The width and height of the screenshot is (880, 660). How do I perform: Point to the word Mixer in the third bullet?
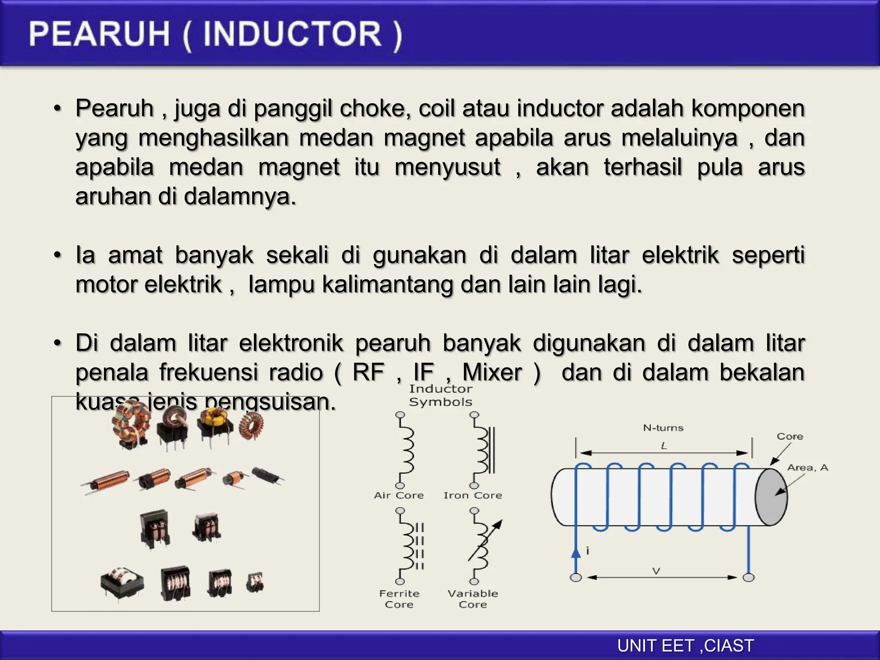coord(492,372)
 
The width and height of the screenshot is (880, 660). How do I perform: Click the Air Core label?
coord(399,495)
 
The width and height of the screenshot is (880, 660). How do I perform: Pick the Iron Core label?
coord(473,495)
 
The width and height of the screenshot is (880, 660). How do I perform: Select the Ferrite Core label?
coord(399,599)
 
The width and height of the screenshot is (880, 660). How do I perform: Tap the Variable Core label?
coord(473,599)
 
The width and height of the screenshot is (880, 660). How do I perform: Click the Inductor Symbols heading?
coord(440,395)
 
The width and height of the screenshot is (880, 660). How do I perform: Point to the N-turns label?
coord(663,428)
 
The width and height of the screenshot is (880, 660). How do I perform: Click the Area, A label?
coord(807,468)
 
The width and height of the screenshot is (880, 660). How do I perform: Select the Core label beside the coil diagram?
coord(790,437)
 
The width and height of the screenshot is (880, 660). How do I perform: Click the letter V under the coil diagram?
coord(656,571)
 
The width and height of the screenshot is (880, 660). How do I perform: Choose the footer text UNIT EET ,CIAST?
coord(685,646)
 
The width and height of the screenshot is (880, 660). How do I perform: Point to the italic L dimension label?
coord(664,446)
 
